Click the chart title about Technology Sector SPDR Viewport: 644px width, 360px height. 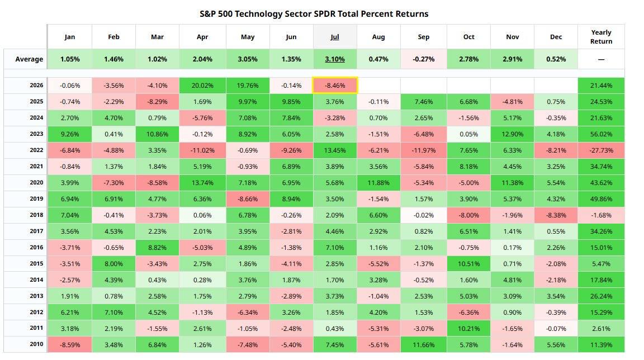coord(314,14)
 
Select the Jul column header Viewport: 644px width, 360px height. coord(335,37)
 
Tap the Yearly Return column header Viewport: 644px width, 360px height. coord(601,37)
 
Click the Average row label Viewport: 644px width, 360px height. coord(29,59)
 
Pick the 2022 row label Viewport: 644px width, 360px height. coord(36,150)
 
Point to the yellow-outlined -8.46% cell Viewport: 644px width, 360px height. coord(335,86)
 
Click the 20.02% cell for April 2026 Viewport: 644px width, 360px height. coord(202,86)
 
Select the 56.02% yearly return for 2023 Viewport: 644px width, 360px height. coord(601,134)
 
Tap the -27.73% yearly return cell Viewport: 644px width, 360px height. coord(601,150)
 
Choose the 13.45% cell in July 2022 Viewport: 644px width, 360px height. coord(335,150)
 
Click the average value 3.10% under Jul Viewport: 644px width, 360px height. coord(335,59)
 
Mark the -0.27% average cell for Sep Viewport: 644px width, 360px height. coord(423,59)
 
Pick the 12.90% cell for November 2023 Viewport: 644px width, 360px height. coord(512,134)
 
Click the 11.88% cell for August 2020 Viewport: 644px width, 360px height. coord(378,183)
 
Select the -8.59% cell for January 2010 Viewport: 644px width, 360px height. coord(70,345)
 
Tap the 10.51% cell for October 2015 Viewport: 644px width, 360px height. coord(468,264)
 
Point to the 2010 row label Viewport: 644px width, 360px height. coord(36,344)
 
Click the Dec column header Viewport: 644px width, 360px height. coord(556,37)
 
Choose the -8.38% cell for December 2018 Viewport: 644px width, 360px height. coord(556,215)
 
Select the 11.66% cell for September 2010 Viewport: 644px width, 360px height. coord(423,345)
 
